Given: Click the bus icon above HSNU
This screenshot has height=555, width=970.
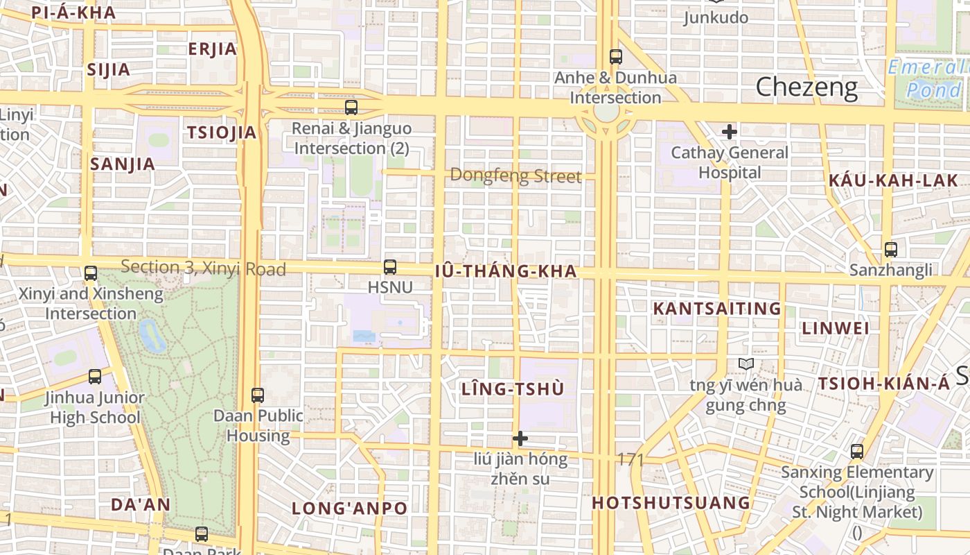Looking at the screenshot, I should [x=390, y=267].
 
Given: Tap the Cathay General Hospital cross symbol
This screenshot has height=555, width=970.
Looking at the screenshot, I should [x=729, y=132].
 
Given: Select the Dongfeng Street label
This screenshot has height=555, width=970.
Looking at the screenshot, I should [x=515, y=176].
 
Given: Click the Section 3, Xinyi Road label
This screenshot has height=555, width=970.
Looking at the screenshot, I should [x=203, y=268].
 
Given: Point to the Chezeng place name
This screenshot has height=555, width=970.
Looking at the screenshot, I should [x=806, y=87].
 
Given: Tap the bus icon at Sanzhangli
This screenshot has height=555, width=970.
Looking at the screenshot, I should [x=891, y=250].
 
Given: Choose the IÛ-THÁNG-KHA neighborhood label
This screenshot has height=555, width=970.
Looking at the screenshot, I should [x=506, y=271].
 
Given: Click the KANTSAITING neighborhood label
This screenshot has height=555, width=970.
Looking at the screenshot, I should [x=717, y=309].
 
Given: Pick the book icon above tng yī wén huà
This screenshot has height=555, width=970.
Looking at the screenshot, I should [x=746, y=364].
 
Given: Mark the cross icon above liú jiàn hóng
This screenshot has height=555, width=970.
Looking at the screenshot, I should [x=520, y=438].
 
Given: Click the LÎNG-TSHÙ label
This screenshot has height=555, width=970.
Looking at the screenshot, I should [x=513, y=389].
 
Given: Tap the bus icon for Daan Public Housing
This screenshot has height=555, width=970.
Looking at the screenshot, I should [x=258, y=395].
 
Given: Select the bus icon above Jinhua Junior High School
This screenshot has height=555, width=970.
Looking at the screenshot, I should [x=95, y=377].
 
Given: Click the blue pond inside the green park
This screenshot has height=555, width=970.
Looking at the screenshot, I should [x=152, y=336].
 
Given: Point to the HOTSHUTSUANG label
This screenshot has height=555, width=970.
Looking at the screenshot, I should [x=671, y=502].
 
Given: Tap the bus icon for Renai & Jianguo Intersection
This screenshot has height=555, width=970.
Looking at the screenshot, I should [x=351, y=108].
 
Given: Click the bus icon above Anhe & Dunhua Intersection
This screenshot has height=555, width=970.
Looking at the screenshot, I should [x=615, y=57].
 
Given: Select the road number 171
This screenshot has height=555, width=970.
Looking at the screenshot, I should [x=630, y=459].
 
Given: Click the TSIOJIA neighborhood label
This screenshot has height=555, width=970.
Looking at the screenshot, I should [x=222, y=133].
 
